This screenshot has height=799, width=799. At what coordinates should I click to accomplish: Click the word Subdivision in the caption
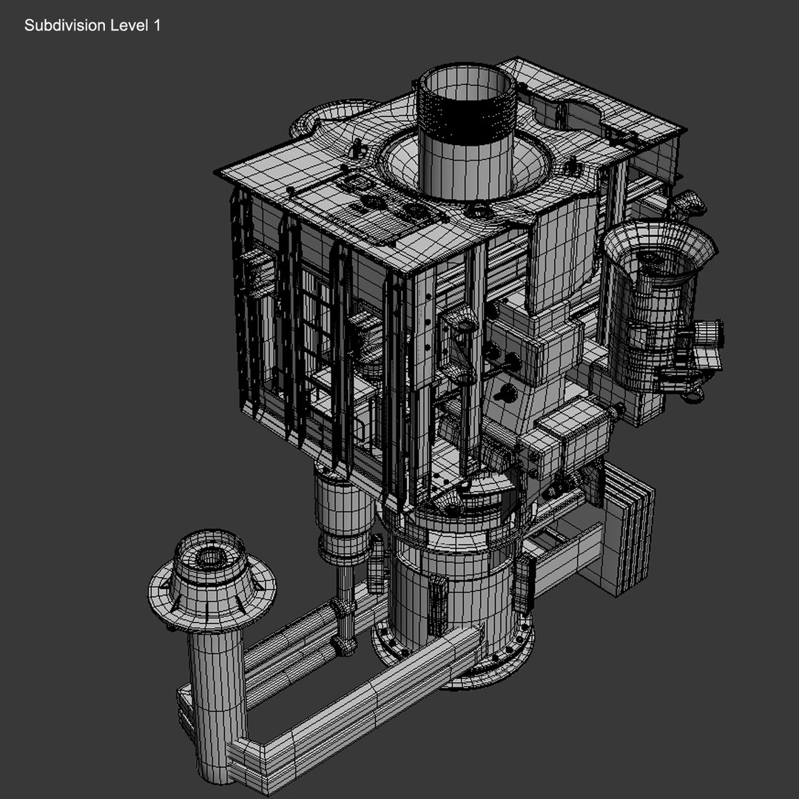coord(64,26)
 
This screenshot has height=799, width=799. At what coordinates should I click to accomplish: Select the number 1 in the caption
coord(156,26)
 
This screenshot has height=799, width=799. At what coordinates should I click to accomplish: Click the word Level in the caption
coord(129,26)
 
